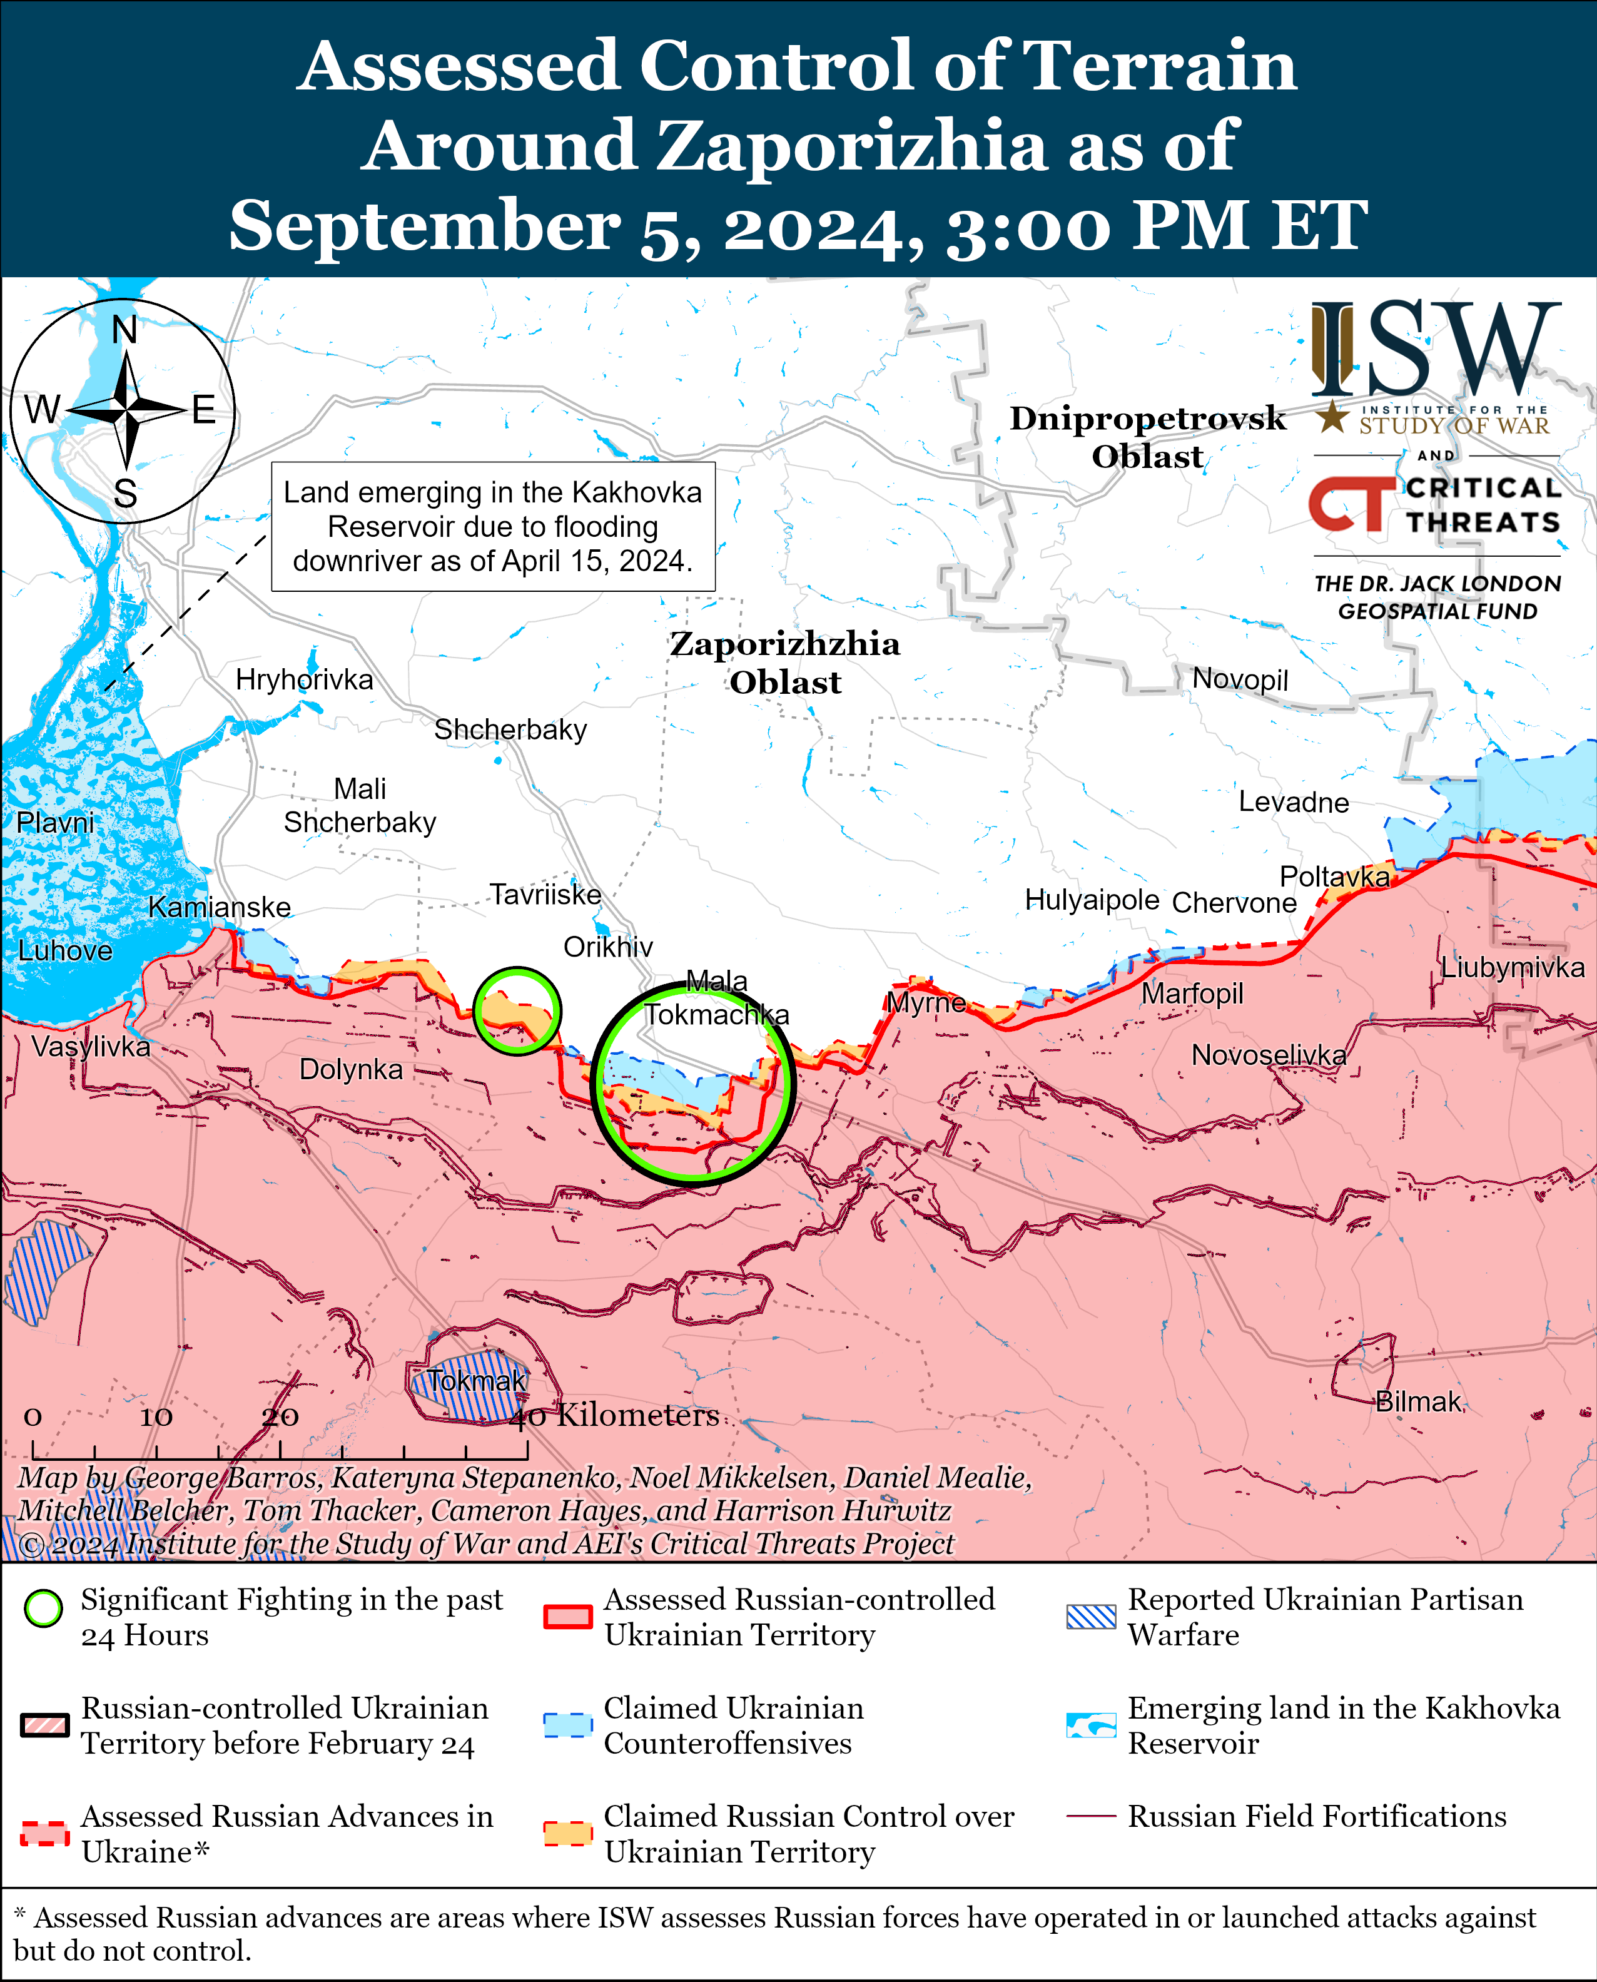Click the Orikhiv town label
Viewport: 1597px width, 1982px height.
point(608,947)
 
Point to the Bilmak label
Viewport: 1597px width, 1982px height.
point(1417,1401)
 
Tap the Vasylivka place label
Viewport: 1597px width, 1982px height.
point(90,1046)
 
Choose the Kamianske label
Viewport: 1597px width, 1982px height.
point(219,907)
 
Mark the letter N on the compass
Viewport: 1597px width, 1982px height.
point(124,330)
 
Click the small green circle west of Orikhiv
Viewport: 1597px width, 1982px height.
point(517,1010)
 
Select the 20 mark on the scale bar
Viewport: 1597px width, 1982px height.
point(280,1417)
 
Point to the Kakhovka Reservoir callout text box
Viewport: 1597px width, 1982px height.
point(493,526)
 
